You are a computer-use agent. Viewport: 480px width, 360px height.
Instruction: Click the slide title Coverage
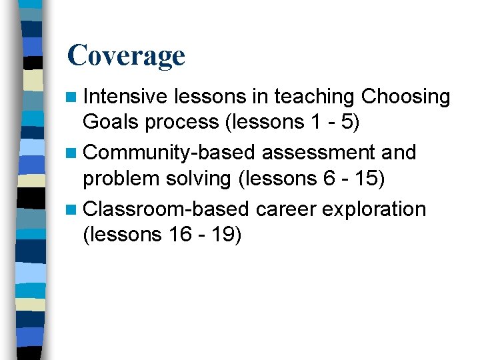(x=126, y=55)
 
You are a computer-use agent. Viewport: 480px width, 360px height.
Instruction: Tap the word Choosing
(x=405, y=97)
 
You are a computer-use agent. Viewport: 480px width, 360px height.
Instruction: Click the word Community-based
(x=170, y=153)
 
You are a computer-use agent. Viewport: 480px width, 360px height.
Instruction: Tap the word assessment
(x=318, y=153)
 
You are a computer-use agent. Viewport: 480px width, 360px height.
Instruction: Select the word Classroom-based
(x=169, y=209)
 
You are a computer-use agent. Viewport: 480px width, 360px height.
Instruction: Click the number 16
(x=175, y=235)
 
